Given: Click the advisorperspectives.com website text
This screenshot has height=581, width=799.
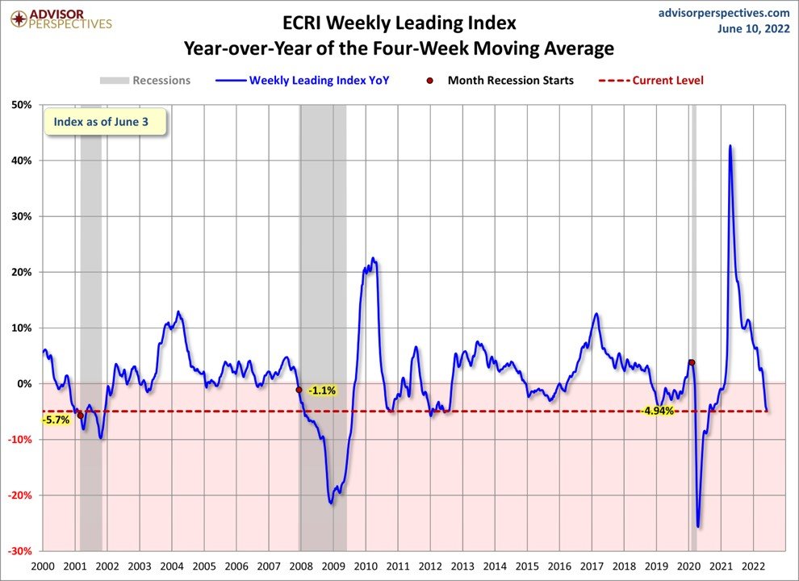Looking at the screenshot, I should tap(724, 12).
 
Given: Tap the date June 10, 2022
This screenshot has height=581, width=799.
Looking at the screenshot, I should tap(754, 29).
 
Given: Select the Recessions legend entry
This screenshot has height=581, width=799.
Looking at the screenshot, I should tap(145, 80).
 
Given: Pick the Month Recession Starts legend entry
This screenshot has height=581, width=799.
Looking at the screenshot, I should tap(501, 80).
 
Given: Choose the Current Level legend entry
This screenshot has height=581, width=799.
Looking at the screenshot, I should tap(650, 80).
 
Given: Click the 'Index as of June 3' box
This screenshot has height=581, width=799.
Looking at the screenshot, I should tap(105, 123).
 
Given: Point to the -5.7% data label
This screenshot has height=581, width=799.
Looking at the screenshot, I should tap(56, 420).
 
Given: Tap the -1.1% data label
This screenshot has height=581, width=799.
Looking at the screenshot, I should tap(321, 390).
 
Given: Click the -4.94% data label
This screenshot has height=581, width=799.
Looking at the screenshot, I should tap(658, 412).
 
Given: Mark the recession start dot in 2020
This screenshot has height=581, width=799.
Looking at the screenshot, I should tap(691, 362).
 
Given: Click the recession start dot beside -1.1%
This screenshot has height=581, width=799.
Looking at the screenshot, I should tap(299, 390).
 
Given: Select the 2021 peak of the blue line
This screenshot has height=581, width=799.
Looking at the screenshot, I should tap(730, 146).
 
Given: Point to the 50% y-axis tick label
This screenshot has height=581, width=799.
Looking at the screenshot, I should tap(21, 105).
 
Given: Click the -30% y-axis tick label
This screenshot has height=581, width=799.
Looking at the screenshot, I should tap(19, 550).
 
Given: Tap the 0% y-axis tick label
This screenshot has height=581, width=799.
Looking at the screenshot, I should tap(24, 383).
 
